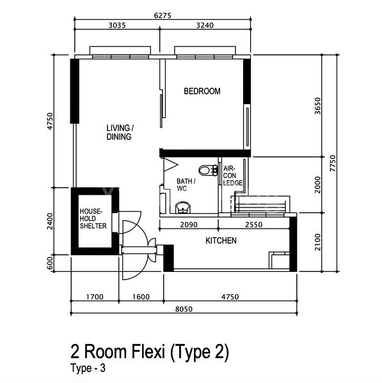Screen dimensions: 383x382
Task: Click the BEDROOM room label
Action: tap(202, 91)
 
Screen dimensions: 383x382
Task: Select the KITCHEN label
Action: tap(221, 241)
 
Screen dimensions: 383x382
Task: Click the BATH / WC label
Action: tap(186, 185)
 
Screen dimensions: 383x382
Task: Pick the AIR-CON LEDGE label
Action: tap(232, 176)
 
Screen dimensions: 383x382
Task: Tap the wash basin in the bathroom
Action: tap(182, 207)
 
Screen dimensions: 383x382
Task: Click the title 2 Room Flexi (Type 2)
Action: tap(148, 352)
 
